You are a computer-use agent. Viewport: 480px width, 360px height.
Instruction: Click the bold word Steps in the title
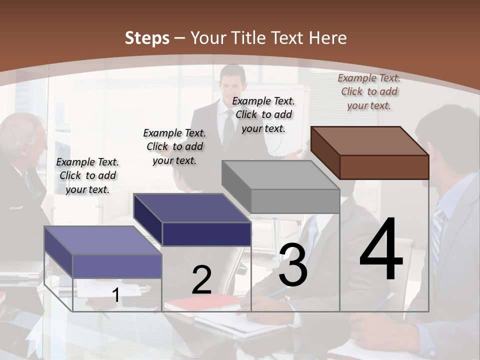pos(147,38)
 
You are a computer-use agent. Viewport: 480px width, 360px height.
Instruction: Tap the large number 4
pos(381,250)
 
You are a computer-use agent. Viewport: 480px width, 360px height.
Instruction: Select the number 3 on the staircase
pos(292,265)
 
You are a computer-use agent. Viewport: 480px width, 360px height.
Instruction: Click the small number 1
pos(116,295)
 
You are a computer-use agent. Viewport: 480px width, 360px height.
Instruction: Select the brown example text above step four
pos(369,91)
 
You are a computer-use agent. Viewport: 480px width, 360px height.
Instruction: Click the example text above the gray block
pos(263,114)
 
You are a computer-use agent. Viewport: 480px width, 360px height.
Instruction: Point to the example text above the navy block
pos(174,146)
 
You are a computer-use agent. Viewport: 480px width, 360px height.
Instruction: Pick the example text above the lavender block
pos(87,175)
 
